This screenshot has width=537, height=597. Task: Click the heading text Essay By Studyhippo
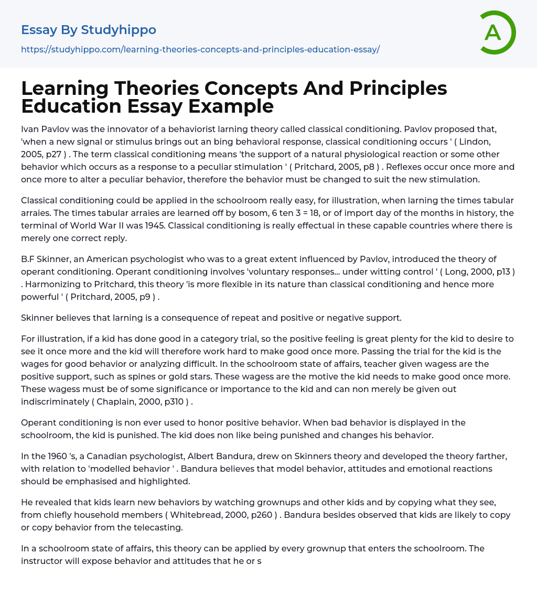pyautogui.click(x=89, y=30)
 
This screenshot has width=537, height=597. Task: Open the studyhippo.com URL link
pyautogui.click(x=200, y=50)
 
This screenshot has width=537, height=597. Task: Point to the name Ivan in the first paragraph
pyautogui.click(x=29, y=128)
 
